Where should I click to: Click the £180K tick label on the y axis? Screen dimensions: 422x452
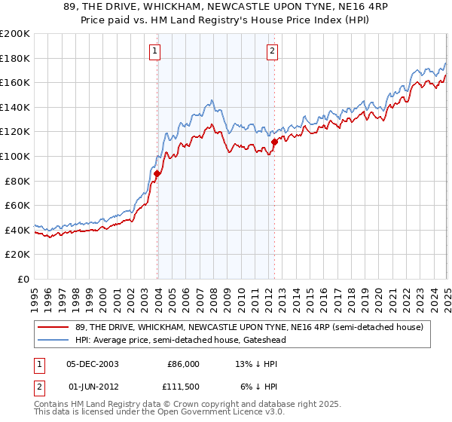[x=16, y=58]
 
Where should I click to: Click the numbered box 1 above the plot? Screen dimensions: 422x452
[x=154, y=51]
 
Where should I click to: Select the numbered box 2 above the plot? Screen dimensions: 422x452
[x=271, y=51]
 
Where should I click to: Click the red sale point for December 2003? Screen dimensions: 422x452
[x=157, y=174]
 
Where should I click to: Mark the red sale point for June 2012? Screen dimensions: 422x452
[x=274, y=142]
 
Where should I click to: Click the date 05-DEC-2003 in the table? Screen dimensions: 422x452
[x=93, y=364]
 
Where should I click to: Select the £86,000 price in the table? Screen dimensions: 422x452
[x=183, y=364]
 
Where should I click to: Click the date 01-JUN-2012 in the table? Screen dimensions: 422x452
[x=93, y=387]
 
